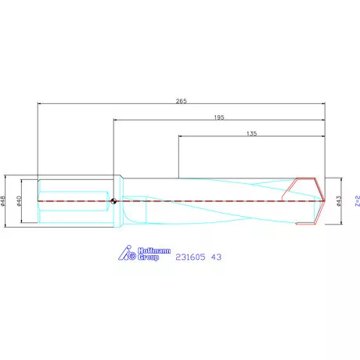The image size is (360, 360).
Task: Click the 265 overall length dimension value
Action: point(181,101)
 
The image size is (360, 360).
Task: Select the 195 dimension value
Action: point(219,117)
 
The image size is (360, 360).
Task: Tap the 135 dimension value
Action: point(251,134)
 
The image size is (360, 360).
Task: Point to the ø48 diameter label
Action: point(5,201)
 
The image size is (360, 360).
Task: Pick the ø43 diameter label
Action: point(338,201)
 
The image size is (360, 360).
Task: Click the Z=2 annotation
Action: point(356,201)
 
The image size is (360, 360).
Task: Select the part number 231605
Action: point(192,256)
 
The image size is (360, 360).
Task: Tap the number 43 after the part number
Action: point(217,256)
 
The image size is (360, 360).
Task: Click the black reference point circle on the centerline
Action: point(114,201)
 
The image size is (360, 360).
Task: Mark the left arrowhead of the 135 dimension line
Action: point(182,137)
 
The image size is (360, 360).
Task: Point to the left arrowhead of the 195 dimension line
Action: point(117,120)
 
